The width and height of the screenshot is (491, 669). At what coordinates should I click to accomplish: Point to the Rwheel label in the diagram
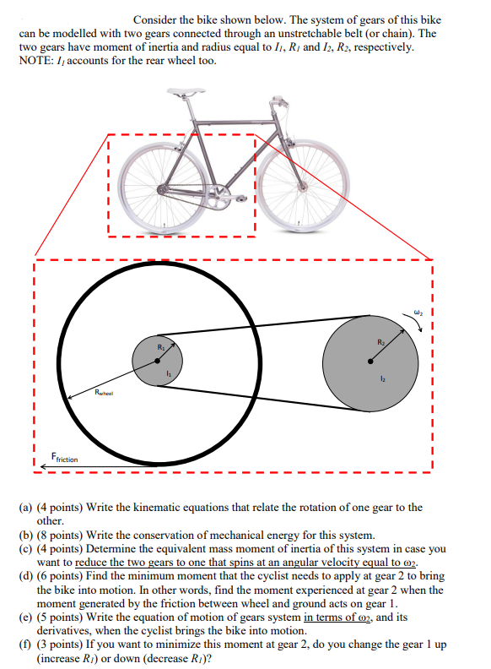click(x=110, y=393)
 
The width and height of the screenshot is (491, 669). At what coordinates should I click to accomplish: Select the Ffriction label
click(x=64, y=458)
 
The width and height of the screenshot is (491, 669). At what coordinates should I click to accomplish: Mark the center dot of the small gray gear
click(x=158, y=361)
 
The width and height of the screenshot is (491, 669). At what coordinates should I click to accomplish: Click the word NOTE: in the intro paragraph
click(x=36, y=61)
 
